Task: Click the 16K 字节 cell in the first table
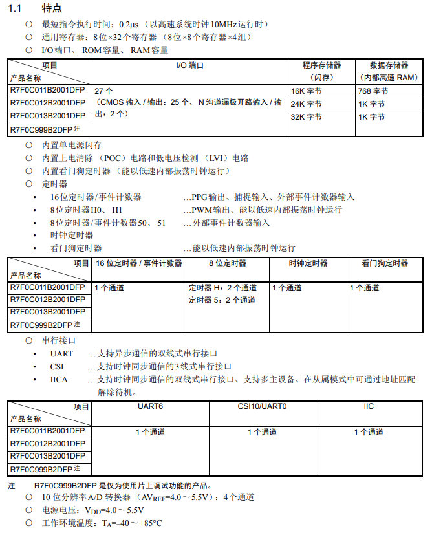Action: click(x=306, y=91)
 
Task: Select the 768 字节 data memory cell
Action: click(x=373, y=91)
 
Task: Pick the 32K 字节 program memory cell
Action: click(x=306, y=117)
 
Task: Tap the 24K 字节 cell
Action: click(x=306, y=104)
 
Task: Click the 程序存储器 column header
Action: click(x=321, y=65)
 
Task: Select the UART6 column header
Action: click(x=150, y=406)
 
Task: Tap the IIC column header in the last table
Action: click(x=369, y=406)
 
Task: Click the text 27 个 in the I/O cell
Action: click(x=103, y=91)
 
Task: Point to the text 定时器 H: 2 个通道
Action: click(x=222, y=288)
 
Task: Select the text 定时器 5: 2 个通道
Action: click(x=222, y=300)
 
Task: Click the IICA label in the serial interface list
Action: click(x=59, y=379)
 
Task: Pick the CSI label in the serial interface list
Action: click(x=57, y=366)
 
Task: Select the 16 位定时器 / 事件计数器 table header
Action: click(x=138, y=263)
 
